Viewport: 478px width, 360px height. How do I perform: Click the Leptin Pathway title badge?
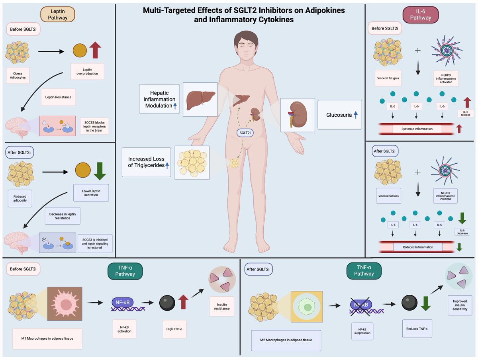[x=58, y=14]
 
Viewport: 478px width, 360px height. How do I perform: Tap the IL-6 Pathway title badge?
[x=421, y=15]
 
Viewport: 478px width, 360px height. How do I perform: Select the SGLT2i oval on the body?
[x=245, y=133]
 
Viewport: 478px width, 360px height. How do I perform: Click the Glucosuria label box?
[x=340, y=115]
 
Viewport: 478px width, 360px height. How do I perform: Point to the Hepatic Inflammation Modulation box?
[x=159, y=99]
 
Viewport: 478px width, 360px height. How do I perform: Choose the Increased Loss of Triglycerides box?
[x=146, y=162]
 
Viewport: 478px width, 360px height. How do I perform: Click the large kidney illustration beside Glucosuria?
[x=298, y=115]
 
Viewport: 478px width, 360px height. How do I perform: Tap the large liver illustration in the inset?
[x=200, y=100]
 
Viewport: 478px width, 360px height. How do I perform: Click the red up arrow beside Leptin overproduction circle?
[x=95, y=50]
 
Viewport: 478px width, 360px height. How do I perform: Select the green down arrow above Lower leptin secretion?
[x=100, y=171]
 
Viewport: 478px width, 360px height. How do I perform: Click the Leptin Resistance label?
[x=59, y=97]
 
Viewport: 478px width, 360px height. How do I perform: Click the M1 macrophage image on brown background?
[x=65, y=304]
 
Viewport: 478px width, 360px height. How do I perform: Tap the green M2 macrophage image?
[x=307, y=307]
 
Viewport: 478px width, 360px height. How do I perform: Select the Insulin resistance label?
[x=222, y=307]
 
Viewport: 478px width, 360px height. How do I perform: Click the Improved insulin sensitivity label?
[x=460, y=305]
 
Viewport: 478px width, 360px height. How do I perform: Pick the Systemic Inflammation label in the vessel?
[x=417, y=129]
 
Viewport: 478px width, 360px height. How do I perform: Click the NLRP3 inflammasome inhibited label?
[x=445, y=196]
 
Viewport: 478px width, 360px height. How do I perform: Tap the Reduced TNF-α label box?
[x=417, y=329]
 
